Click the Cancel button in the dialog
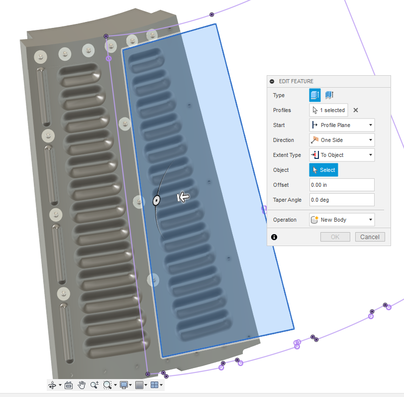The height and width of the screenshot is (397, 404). (370, 237)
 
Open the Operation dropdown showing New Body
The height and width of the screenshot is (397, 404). (342, 220)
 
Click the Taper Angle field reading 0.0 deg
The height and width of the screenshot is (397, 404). (342, 200)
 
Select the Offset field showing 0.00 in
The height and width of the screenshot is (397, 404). (342, 185)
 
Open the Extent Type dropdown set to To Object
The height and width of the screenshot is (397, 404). (342, 155)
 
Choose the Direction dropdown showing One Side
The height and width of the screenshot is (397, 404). (342, 140)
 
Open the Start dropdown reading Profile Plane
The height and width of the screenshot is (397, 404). (342, 125)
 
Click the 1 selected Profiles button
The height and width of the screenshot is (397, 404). (328, 110)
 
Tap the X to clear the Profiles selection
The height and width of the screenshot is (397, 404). (355, 110)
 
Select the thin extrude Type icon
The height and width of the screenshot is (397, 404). (329, 95)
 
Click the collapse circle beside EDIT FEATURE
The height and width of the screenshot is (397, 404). (272, 81)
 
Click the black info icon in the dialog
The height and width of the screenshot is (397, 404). (274, 237)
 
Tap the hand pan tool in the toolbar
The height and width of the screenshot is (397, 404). (82, 385)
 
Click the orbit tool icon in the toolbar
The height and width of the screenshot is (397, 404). (52, 385)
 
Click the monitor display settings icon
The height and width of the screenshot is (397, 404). (123, 385)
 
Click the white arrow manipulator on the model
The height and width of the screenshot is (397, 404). (183, 198)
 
